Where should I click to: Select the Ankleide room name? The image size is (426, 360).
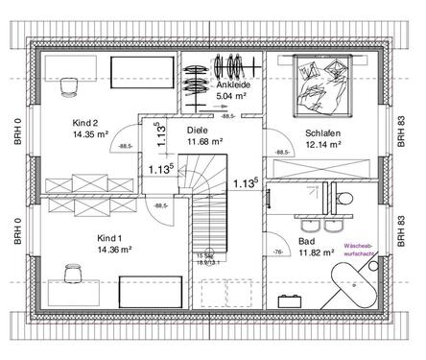[231, 84]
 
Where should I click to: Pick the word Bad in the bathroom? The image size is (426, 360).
[306, 242]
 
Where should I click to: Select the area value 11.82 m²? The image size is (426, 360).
[316, 253]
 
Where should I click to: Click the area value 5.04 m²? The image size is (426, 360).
[231, 96]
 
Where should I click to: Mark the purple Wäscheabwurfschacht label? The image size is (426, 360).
[366, 251]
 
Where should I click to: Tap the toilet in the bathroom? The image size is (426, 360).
[344, 197]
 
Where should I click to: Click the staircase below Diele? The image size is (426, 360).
[206, 230]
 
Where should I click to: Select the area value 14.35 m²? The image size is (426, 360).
[91, 136]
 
